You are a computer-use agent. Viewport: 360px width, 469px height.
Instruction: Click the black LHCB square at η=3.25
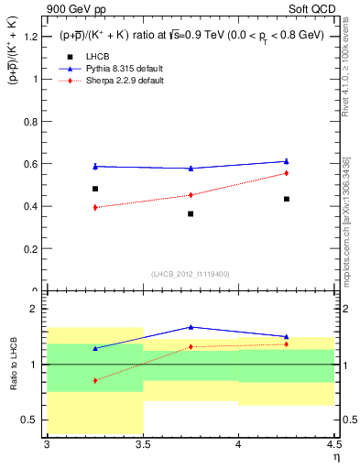95,189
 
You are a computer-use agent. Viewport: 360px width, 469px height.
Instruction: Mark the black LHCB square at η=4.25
287,199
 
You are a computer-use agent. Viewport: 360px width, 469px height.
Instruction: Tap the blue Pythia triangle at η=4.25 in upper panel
287,161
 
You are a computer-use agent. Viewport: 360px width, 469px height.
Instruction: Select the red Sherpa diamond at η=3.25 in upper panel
95,207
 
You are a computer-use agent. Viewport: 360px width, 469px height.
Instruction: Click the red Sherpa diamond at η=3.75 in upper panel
191,194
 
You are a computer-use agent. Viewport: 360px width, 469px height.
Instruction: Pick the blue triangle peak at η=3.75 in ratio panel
191,326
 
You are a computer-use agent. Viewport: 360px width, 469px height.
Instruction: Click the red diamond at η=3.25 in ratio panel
95,380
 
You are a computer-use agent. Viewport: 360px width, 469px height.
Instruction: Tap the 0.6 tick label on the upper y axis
30,164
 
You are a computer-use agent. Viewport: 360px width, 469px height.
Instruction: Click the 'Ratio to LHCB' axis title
12,365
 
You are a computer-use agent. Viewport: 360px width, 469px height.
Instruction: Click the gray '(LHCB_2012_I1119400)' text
191,274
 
